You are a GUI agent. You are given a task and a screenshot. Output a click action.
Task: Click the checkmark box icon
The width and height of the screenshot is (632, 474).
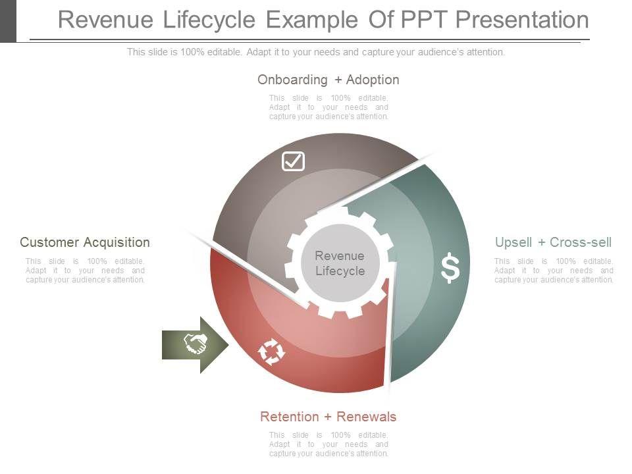(293, 161)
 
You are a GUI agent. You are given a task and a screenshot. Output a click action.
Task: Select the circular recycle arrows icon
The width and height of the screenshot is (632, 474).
(271, 352)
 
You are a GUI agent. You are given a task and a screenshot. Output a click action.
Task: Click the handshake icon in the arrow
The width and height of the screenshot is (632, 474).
(196, 344)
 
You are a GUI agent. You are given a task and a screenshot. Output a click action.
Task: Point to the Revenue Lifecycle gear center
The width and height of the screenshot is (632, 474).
(340, 263)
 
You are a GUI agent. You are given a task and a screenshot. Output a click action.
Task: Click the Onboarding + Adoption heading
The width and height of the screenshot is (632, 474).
(328, 80)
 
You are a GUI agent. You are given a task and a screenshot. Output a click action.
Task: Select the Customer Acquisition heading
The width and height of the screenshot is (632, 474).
(85, 242)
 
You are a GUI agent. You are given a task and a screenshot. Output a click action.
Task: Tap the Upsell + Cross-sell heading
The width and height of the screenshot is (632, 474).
(553, 242)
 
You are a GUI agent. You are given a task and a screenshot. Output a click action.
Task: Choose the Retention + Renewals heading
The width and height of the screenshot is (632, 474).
(328, 417)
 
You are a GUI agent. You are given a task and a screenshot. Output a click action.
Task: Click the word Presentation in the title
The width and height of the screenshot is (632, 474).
(522, 20)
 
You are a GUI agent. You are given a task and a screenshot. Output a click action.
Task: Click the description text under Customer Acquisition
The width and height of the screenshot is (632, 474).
(85, 271)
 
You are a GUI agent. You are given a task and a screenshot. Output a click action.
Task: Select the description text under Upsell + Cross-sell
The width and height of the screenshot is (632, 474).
(554, 271)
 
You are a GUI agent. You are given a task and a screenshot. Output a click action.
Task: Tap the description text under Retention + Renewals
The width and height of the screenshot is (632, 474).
(329, 444)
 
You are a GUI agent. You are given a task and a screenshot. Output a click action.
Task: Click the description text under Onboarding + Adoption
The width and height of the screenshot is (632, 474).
(329, 107)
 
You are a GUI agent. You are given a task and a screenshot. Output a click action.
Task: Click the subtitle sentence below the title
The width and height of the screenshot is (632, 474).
(316, 52)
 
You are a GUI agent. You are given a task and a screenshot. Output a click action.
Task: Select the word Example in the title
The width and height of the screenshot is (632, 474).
(309, 20)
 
